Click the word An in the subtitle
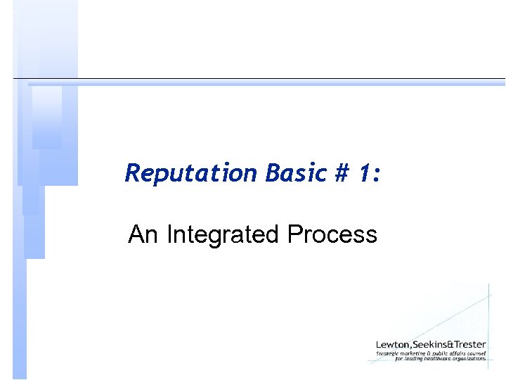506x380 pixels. tap(143, 234)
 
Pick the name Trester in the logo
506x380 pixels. tap(470, 344)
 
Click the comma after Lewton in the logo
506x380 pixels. tap(411, 346)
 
